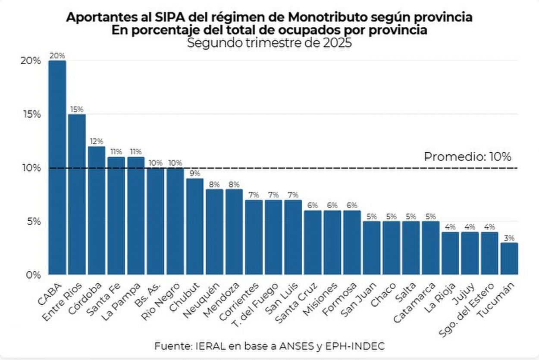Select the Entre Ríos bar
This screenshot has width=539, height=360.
pyautogui.click(x=77, y=194)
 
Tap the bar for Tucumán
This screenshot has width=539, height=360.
pyautogui.click(x=509, y=258)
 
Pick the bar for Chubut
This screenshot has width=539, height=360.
pyautogui.click(x=194, y=226)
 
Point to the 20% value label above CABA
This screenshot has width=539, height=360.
pyautogui.click(x=57, y=56)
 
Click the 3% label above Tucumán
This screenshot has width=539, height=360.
pyautogui.click(x=509, y=238)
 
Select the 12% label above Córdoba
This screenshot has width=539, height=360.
pyautogui.click(x=97, y=141)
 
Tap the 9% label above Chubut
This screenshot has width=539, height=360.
pyautogui.click(x=194, y=174)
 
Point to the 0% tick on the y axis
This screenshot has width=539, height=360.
pyautogui.click(x=33, y=275)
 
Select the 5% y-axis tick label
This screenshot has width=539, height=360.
pyautogui.click(x=33, y=221)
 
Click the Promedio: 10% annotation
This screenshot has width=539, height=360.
pyautogui.click(x=467, y=157)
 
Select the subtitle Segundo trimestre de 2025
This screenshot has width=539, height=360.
pyautogui.click(x=269, y=43)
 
